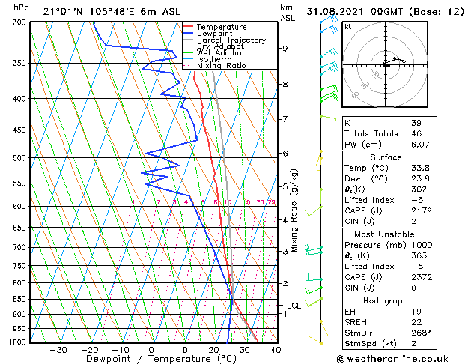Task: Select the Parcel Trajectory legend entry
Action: pyautogui.click(x=231, y=40)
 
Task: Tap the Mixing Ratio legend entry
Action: pyautogui.click(x=222, y=66)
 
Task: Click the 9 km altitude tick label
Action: pyautogui.click(x=285, y=49)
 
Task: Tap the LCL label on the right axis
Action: pyautogui.click(x=294, y=306)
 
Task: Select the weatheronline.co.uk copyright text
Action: pyautogui.click(x=401, y=359)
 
